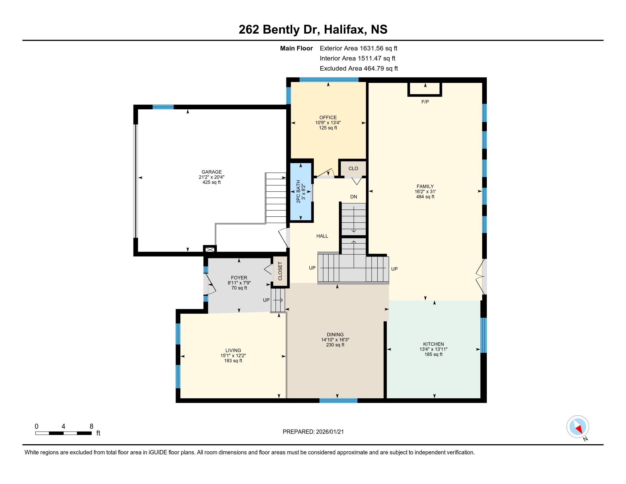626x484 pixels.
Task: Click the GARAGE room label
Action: (x=211, y=172)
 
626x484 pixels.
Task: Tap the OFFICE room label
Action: (x=328, y=118)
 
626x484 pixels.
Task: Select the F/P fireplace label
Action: (x=425, y=102)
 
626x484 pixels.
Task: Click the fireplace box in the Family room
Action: (x=425, y=89)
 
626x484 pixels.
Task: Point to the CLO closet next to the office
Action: (x=353, y=168)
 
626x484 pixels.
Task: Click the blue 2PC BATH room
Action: (x=301, y=192)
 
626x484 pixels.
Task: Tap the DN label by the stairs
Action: (x=353, y=197)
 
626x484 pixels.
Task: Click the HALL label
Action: (x=322, y=236)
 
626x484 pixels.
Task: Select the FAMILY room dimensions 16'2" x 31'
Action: (x=425, y=192)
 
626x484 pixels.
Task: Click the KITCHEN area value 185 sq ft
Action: (x=433, y=354)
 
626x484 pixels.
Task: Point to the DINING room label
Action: (x=335, y=335)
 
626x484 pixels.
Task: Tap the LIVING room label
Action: (x=233, y=350)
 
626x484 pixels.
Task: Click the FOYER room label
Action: (x=239, y=278)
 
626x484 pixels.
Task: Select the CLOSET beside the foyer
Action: (x=280, y=271)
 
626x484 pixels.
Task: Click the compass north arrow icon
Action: (x=578, y=427)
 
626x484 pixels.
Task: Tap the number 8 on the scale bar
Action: (x=91, y=426)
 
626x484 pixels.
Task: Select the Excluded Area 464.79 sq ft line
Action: (x=359, y=69)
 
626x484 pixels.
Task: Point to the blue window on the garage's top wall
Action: (x=163, y=107)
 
